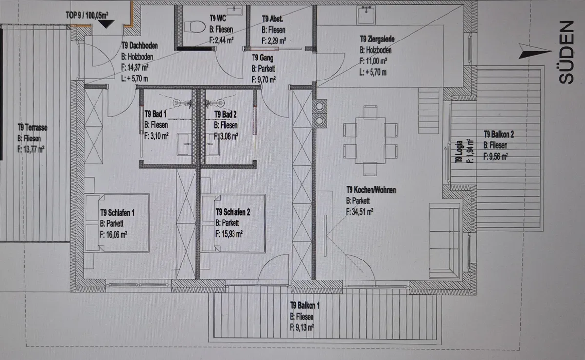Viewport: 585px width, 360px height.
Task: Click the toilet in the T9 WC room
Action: (195, 27)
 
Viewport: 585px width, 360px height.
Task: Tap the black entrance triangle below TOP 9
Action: (105, 24)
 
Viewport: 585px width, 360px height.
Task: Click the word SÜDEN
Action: (566, 53)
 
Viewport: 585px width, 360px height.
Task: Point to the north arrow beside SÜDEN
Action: (535, 51)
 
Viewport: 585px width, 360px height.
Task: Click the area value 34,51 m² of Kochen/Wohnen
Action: (359, 212)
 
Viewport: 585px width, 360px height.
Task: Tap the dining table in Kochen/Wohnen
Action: (370, 140)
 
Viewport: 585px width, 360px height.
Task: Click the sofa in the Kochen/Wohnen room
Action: (445, 240)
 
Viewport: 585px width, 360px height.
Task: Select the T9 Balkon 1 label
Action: (305, 305)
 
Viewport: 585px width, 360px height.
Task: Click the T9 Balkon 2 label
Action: (499, 134)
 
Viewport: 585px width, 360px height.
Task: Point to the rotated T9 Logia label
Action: (459, 152)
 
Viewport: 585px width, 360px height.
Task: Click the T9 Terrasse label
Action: (32, 127)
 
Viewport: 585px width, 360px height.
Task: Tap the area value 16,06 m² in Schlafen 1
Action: (114, 235)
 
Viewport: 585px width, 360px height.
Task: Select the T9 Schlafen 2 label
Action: (233, 212)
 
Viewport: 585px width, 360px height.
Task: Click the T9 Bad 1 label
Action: (156, 114)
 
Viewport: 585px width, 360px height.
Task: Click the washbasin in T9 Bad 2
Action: (214, 144)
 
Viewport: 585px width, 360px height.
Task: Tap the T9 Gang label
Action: (262, 58)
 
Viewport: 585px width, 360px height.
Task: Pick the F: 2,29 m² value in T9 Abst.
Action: (273, 41)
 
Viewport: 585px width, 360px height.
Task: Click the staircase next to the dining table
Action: (429, 111)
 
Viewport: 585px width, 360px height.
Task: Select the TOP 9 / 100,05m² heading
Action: (87, 15)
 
